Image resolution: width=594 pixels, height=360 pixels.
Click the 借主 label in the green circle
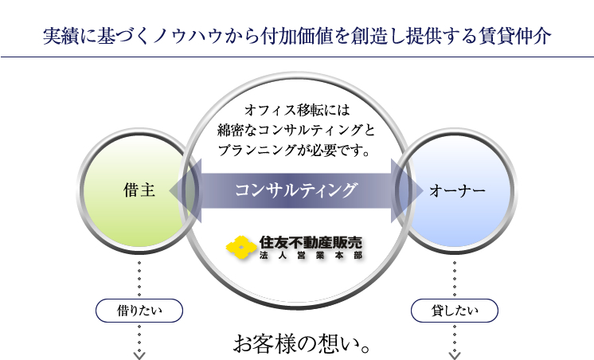139,190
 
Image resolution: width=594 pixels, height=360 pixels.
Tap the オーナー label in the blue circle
457,190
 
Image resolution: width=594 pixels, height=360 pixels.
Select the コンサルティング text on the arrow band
296,190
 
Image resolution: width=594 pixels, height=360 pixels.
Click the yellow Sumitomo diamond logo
241,248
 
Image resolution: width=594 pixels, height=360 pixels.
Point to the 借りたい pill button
139,311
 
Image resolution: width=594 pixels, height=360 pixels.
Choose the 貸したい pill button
455,311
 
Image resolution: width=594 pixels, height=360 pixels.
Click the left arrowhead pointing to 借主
185,190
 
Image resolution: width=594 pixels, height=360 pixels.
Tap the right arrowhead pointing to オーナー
407,190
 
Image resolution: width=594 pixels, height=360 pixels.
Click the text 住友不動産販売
311,243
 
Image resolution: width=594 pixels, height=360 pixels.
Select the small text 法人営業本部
311,256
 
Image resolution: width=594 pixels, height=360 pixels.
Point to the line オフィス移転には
297,110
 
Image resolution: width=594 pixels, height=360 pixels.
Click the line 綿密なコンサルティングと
296,131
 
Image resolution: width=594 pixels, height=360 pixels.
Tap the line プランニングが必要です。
294,151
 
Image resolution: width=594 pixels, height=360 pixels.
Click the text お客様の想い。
302,344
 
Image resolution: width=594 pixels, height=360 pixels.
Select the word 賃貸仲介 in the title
514,37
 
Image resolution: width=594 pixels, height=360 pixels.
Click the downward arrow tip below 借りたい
139,358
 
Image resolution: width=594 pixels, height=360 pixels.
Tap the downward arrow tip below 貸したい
455,358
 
